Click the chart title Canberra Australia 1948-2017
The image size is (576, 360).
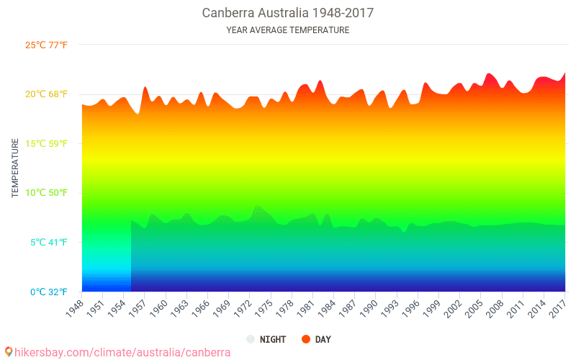(287, 13)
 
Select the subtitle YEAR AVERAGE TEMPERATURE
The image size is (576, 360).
(287, 30)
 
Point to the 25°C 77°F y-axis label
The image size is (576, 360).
(46, 45)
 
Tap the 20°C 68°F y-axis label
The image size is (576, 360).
(46, 94)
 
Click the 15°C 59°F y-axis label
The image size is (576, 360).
(46, 144)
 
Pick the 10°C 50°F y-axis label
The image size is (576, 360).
(46, 193)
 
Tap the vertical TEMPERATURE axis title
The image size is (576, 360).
(15, 168)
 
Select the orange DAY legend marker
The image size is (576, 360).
(305, 339)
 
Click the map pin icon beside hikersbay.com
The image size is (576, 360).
(8, 352)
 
